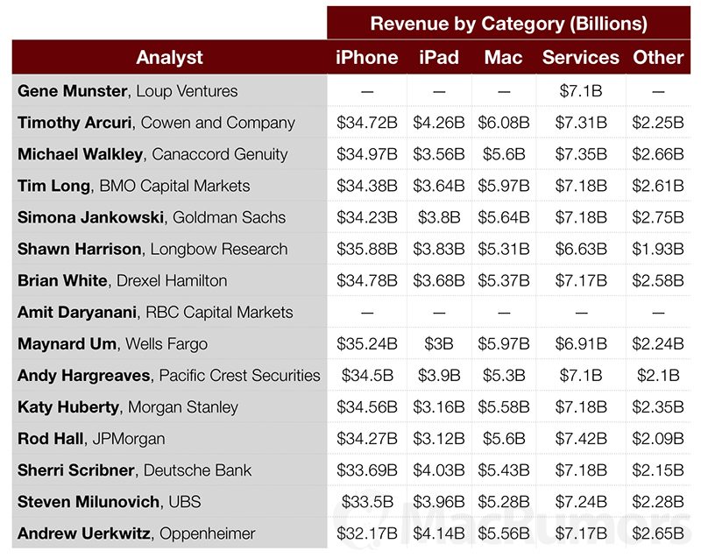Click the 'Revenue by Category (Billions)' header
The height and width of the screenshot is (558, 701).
pyautogui.click(x=508, y=23)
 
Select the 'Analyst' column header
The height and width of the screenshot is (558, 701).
pyautogui.click(x=169, y=58)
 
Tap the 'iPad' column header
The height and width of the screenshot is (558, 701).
pyautogui.click(x=439, y=58)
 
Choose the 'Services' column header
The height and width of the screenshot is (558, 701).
pyautogui.click(x=580, y=58)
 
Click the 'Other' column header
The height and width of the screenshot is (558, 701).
pyautogui.click(x=657, y=58)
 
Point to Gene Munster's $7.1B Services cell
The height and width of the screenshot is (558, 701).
pyautogui.click(x=580, y=91)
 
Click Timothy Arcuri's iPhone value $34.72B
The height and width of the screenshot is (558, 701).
pyautogui.click(x=367, y=123)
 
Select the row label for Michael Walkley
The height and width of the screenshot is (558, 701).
pyautogui.click(x=152, y=154)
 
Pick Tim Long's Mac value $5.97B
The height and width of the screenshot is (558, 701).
pyautogui.click(x=503, y=186)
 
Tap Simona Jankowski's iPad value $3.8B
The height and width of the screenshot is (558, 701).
pyautogui.click(x=439, y=217)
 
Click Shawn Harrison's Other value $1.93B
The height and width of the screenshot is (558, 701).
pyautogui.click(x=657, y=249)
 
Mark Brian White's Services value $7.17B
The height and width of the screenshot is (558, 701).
pyautogui.click(x=580, y=280)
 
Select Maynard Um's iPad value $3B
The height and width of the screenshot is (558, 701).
pyautogui.click(x=439, y=343)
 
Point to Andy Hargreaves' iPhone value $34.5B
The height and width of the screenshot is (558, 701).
pyautogui.click(x=367, y=375)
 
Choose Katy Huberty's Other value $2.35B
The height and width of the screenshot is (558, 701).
pyautogui.click(x=657, y=406)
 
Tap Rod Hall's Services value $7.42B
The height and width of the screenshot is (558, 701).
pyautogui.click(x=580, y=438)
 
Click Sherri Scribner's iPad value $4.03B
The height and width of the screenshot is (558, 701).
pyautogui.click(x=439, y=470)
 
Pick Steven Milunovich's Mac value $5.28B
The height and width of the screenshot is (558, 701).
pyautogui.click(x=503, y=502)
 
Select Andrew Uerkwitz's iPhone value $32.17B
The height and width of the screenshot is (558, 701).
pyautogui.click(x=367, y=533)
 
